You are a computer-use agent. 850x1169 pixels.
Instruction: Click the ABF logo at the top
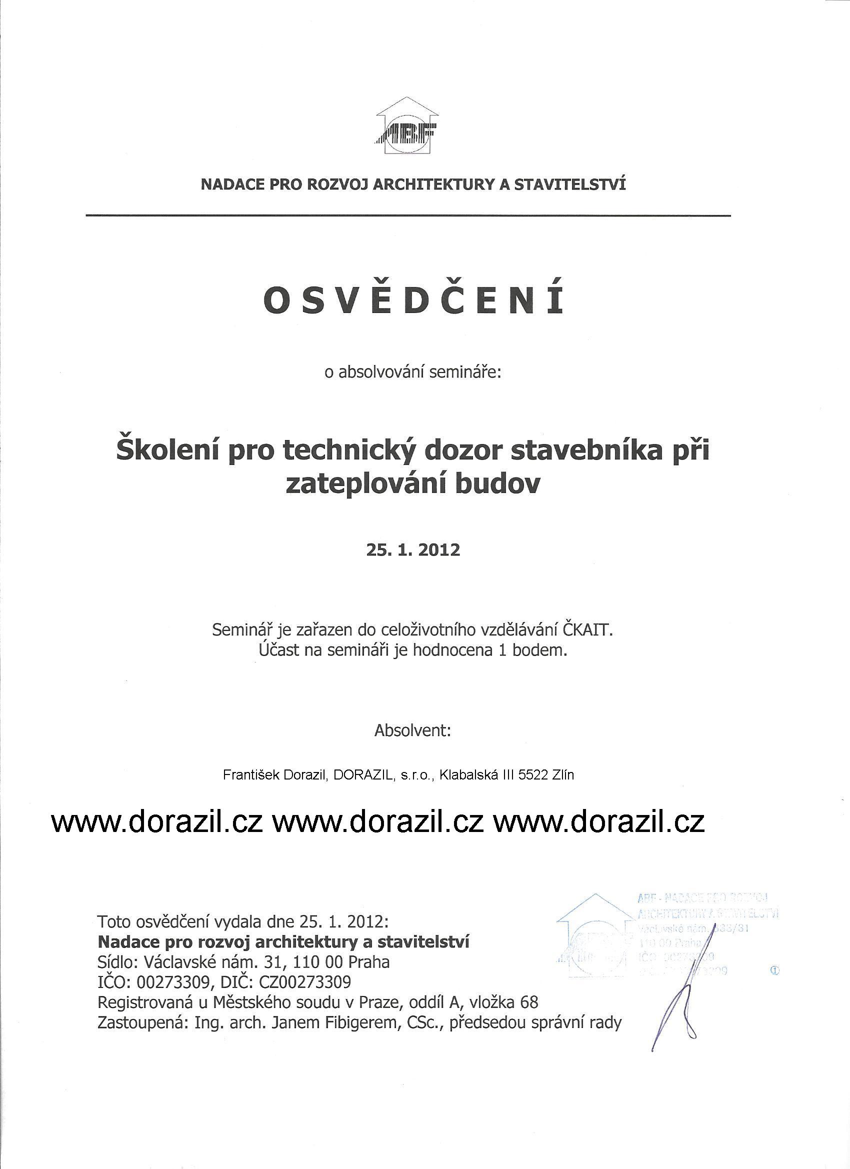coord(406,126)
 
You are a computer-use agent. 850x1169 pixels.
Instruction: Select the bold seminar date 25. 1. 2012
coord(413,550)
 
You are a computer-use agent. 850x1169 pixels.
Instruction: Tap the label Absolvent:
coord(412,730)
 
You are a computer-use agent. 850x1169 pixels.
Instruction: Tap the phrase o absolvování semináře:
coord(412,372)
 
